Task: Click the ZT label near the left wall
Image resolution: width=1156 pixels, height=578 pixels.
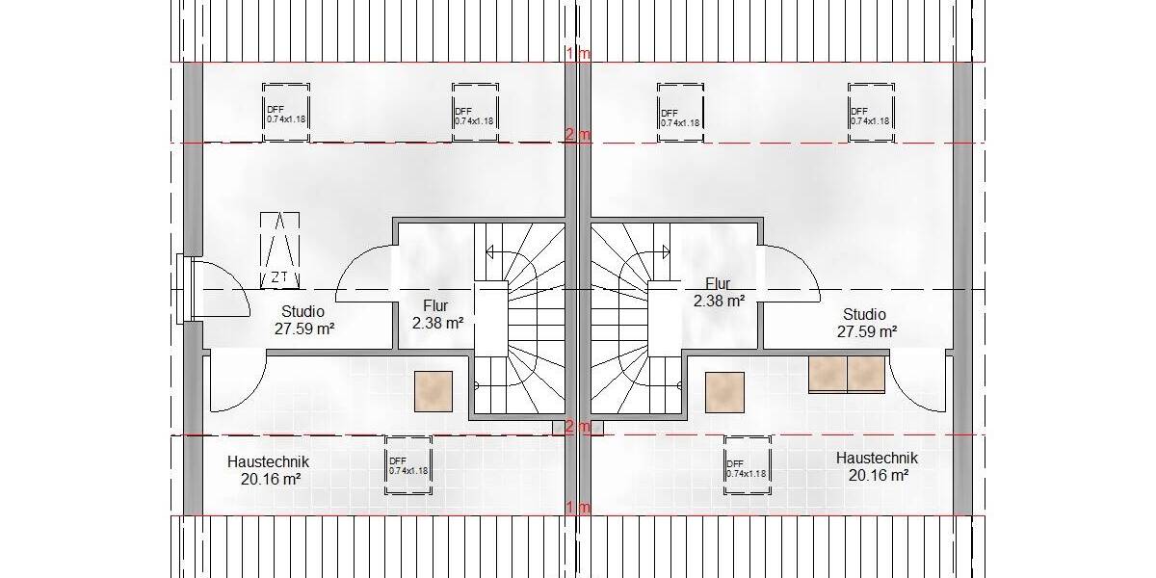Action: pyautogui.click(x=280, y=277)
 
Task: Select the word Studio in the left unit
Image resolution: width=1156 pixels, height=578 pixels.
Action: pyautogui.click(x=302, y=312)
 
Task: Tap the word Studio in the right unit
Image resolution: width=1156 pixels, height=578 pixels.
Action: pyautogui.click(x=864, y=314)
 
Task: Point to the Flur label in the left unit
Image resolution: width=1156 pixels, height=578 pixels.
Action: pyautogui.click(x=435, y=307)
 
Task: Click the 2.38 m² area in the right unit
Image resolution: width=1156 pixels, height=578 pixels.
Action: pyautogui.click(x=719, y=301)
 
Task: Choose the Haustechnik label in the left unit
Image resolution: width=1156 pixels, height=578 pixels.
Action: pyautogui.click(x=268, y=461)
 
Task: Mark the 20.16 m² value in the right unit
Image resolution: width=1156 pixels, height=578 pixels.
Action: pyautogui.click(x=878, y=475)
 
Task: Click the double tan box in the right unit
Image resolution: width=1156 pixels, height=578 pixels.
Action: pyautogui.click(x=847, y=375)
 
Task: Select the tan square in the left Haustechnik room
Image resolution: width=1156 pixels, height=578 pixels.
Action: pyautogui.click(x=433, y=392)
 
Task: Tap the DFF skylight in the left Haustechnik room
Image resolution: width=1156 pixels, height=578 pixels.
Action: pyautogui.click(x=407, y=465)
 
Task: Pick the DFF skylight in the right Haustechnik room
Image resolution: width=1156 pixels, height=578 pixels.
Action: pyautogui.click(x=748, y=467)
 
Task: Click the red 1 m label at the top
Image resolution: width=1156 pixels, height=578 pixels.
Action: pyautogui.click(x=578, y=54)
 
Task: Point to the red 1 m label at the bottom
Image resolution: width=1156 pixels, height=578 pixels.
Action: pyautogui.click(x=578, y=508)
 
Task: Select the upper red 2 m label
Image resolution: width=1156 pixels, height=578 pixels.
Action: pyautogui.click(x=578, y=134)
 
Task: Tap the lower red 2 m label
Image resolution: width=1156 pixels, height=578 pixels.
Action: pyautogui.click(x=578, y=426)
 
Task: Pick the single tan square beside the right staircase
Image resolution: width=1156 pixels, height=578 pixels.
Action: pyautogui.click(x=724, y=392)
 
